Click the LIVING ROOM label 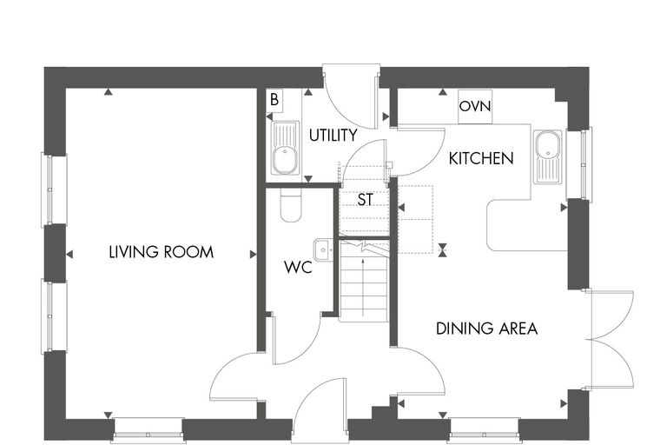(162, 252)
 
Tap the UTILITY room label (333, 136)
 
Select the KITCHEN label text (481, 158)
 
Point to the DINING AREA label (486, 329)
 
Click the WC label (298, 267)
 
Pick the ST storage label (365, 199)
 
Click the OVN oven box (475, 106)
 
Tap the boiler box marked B (274, 100)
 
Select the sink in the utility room (286, 148)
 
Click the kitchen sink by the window (548, 156)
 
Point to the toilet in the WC (290, 205)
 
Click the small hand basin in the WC (324, 250)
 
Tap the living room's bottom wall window (148, 430)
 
